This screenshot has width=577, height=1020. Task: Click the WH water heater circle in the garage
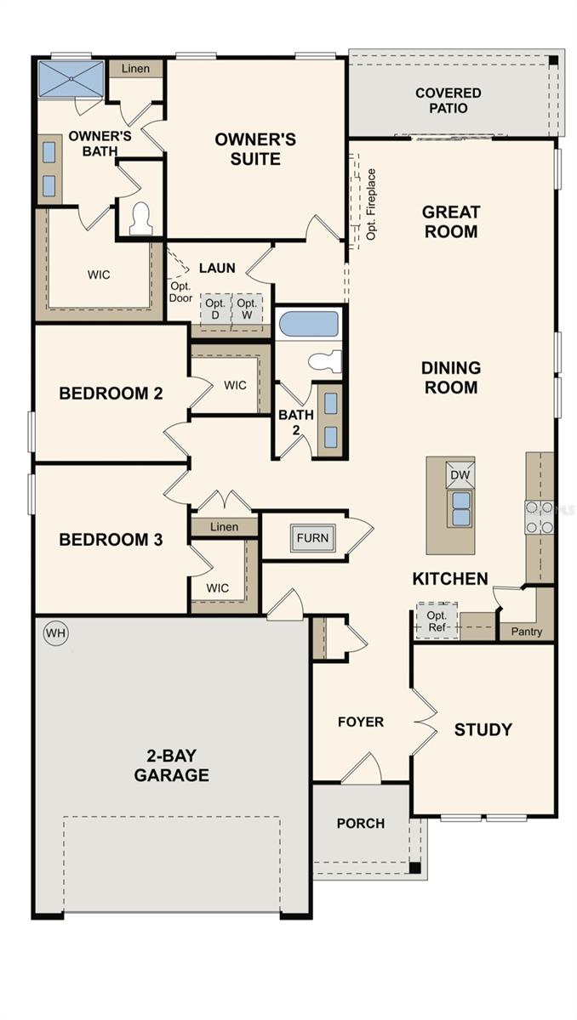point(55,633)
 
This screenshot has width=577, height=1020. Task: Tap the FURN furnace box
point(312,538)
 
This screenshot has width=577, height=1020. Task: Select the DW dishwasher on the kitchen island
point(460,475)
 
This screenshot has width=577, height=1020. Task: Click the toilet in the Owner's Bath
point(140,218)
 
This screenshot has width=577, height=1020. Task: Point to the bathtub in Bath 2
point(309,323)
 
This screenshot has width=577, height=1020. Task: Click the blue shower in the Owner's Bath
point(71,79)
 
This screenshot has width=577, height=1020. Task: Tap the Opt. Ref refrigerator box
point(437,620)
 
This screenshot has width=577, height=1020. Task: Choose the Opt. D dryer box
point(215,309)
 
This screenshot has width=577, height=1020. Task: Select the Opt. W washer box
point(247,309)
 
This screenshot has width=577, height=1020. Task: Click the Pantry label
point(527,632)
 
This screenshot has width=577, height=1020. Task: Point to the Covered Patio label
point(448,100)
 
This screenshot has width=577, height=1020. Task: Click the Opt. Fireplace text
point(371,204)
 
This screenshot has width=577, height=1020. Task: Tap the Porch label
point(361,823)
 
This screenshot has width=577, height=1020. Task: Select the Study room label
point(483,729)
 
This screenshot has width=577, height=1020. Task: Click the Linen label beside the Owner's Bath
point(135,69)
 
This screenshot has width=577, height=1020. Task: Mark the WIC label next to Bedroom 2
point(235,385)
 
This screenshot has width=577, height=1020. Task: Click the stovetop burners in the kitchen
point(540,517)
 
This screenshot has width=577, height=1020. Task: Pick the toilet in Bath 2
point(325,360)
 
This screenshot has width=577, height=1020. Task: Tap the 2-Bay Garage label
point(171,765)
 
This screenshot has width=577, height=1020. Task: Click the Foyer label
point(361,722)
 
